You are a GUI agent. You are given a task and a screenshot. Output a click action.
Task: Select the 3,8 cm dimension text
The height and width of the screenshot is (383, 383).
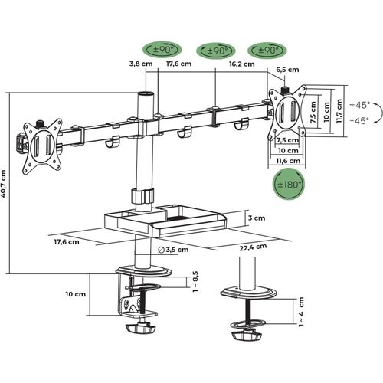138,65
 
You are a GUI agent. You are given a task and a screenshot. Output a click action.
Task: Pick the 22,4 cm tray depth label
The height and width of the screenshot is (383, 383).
247,247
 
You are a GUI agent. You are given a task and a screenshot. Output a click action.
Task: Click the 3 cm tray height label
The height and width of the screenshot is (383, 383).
256,218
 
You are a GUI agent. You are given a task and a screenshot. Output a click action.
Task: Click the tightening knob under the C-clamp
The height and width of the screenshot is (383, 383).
139,329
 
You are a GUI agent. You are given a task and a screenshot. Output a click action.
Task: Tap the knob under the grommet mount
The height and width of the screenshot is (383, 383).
246,336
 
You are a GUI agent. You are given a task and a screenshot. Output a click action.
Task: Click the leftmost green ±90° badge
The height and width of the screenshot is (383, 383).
149,51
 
